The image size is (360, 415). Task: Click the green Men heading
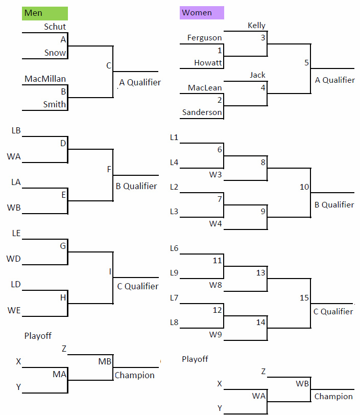(45, 13)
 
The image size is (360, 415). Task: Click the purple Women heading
(202, 13)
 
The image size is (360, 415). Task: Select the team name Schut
(55, 27)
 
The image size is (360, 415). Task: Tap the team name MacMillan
(45, 79)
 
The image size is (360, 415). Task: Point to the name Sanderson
(202, 112)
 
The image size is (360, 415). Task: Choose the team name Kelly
(256, 26)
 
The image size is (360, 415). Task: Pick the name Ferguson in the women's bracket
(204, 38)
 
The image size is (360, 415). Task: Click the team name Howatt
(208, 63)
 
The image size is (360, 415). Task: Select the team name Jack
(257, 75)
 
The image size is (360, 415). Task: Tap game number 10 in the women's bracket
(304, 187)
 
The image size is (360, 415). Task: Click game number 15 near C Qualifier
(304, 298)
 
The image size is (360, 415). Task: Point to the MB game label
(105, 361)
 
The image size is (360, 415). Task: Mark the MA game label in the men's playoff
(59, 374)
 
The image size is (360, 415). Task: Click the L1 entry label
(174, 137)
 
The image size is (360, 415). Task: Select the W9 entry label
(215, 335)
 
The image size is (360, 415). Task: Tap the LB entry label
(16, 130)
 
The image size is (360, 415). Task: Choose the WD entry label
(13, 259)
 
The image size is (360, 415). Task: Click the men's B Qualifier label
(136, 186)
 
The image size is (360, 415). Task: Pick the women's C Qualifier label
(333, 312)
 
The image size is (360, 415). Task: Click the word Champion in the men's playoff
(135, 375)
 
